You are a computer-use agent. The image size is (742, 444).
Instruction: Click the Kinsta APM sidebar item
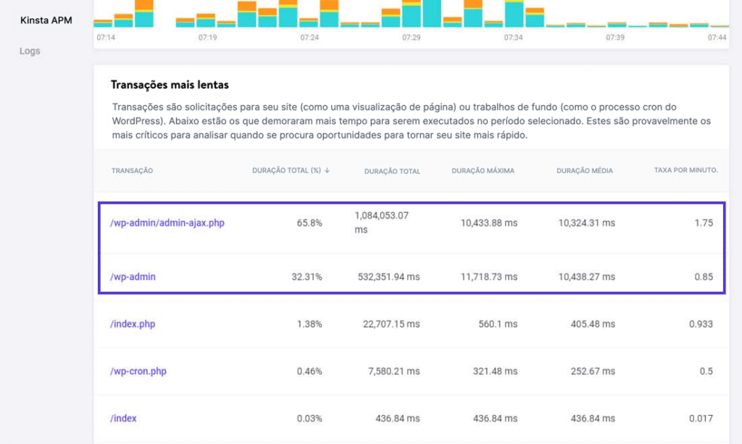click(x=46, y=20)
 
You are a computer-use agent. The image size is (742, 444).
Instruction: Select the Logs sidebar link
click(x=30, y=51)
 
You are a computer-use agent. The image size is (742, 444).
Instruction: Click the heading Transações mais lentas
click(x=170, y=85)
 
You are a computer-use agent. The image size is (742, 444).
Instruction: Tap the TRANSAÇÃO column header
click(x=132, y=171)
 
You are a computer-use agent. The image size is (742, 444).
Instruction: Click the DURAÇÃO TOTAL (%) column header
click(x=291, y=171)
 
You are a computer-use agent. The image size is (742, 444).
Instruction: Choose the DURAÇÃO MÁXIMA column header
click(x=483, y=171)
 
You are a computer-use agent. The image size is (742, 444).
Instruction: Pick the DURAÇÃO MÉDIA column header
click(x=584, y=171)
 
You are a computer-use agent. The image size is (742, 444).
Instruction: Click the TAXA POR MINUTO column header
click(x=685, y=170)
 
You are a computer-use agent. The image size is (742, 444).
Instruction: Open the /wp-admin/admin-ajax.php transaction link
click(x=167, y=223)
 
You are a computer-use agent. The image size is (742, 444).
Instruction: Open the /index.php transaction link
click(x=133, y=324)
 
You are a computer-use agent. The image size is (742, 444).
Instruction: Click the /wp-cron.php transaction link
click(x=138, y=372)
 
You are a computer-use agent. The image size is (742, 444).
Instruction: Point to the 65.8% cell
click(x=309, y=223)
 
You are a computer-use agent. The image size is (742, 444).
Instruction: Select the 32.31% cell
click(x=307, y=277)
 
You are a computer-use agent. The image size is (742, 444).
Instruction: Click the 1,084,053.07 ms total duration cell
click(x=382, y=222)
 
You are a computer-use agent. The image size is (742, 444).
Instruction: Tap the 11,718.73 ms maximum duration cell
click(x=488, y=277)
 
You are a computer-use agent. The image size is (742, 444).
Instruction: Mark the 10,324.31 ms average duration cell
click(x=586, y=223)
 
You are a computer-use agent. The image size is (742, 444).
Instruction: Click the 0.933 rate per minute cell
click(x=701, y=324)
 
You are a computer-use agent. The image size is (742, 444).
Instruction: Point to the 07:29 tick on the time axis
click(x=412, y=37)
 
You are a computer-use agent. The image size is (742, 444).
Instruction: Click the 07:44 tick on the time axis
click(x=717, y=37)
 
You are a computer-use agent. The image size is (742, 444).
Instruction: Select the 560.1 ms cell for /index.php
click(x=497, y=324)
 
